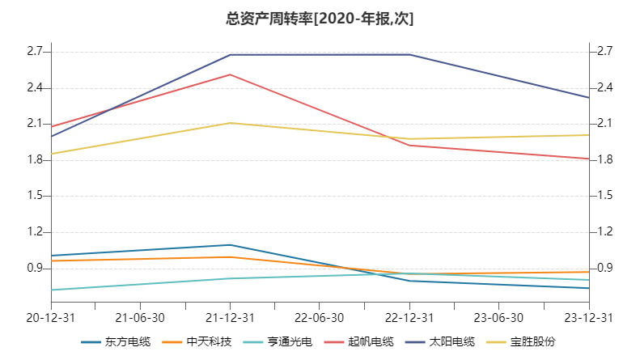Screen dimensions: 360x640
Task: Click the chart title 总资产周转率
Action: (320, 18)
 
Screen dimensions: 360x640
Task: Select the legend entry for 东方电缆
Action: (116, 341)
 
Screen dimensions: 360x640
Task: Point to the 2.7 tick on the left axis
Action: (33, 52)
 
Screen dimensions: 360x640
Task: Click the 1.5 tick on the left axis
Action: (33, 196)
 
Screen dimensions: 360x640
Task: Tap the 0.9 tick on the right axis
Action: (604, 268)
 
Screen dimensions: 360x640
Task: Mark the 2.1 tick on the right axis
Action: (604, 124)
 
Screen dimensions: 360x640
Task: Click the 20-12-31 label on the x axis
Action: (51, 317)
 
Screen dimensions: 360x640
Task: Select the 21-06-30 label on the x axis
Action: (141, 317)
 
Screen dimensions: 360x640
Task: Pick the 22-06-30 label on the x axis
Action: (320, 317)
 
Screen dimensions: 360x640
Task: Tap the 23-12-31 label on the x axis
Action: (588, 317)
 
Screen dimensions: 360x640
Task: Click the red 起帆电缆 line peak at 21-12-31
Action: (231, 74)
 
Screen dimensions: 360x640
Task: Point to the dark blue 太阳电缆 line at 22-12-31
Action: (410, 55)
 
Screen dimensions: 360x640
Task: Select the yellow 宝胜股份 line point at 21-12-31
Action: (231, 123)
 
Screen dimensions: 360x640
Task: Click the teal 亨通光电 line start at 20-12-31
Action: (52, 290)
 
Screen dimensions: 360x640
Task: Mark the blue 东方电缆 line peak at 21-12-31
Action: (231, 244)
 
